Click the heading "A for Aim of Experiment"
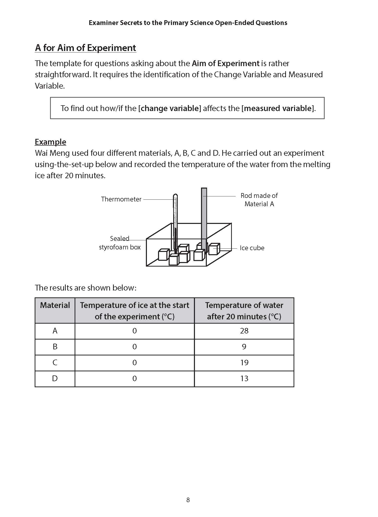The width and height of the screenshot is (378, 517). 85,48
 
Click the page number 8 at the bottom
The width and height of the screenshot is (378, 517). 188,500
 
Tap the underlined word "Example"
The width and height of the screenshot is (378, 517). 50,142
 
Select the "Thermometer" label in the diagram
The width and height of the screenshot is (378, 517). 121,199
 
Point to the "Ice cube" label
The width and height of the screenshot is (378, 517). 252,248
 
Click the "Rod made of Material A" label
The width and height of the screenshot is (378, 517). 259,200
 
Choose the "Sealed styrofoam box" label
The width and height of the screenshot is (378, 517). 120,243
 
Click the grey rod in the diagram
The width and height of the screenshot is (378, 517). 204,215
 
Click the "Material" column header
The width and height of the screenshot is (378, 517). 55,305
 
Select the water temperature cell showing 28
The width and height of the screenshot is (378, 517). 244,331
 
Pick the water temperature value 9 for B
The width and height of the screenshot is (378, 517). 244,347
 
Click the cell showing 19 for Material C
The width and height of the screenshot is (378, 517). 244,363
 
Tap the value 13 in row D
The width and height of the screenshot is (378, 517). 244,379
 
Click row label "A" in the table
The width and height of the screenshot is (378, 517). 55,331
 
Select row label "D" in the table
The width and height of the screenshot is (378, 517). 55,379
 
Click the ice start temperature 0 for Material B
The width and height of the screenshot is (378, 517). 135,347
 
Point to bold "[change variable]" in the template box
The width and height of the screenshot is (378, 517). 169,108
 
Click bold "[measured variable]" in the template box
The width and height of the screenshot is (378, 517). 278,108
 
